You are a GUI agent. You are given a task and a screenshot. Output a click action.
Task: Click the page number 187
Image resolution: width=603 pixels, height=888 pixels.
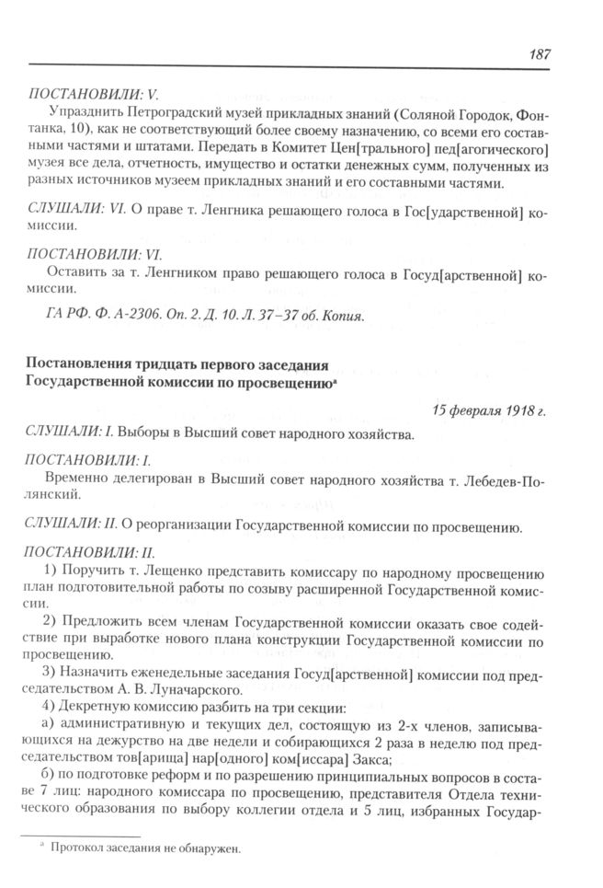coord(540,53)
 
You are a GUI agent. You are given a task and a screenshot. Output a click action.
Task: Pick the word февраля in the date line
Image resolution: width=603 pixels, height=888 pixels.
coord(454,410)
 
